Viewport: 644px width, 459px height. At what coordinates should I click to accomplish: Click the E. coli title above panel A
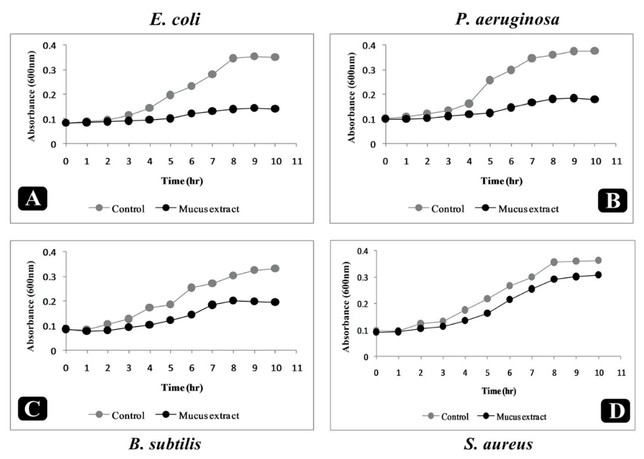175,20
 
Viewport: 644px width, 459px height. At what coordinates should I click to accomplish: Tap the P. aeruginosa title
507,20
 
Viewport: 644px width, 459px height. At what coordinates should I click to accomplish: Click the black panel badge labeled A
33,198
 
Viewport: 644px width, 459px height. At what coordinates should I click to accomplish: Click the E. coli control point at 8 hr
233,58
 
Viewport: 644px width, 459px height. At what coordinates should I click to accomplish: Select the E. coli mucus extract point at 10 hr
275,109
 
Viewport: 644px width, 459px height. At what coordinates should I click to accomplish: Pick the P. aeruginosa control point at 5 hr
490,80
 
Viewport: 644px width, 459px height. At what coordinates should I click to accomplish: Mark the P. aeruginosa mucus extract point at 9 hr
574,98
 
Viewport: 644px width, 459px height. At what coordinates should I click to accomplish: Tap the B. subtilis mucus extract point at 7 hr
212,305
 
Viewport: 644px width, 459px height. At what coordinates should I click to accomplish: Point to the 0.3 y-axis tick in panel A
50,70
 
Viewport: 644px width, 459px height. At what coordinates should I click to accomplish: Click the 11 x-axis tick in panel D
621,373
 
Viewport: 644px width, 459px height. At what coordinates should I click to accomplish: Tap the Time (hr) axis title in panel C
182,388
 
